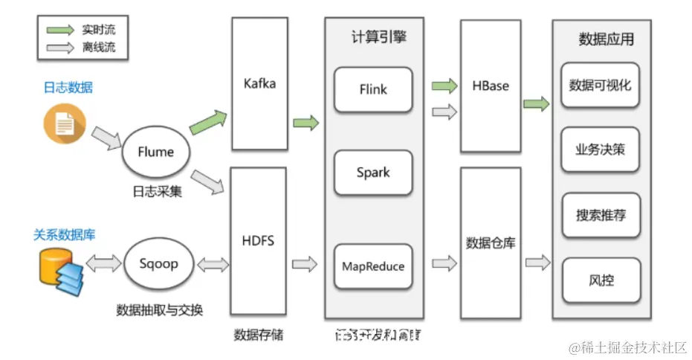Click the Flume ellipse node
(x=156, y=152)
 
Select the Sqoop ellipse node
(x=158, y=264)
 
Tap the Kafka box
(x=259, y=83)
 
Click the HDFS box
(x=259, y=241)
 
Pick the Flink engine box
(x=373, y=89)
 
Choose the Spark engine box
(x=373, y=173)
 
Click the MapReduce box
(x=373, y=266)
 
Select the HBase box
(x=491, y=86)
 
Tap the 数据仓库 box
(x=491, y=242)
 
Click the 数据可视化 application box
(x=600, y=86)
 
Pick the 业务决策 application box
(x=600, y=149)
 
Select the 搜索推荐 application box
(x=600, y=216)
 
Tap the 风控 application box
(x=600, y=281)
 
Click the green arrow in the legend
(x=56, y=30)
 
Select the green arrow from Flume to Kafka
(x=209, y=121)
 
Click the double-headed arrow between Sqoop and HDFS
(x=213, y=264)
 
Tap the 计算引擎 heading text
(x=379, y=37)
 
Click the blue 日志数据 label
(x=68, y=87)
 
